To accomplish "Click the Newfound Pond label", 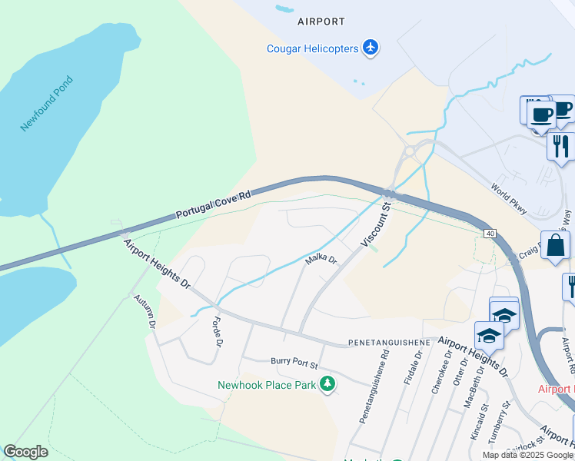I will (47, 104).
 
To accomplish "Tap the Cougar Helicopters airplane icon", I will (371, 48).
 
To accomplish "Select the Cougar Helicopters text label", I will (312, 48).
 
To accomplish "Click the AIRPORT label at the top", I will (321, 22).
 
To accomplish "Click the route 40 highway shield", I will (489, 232).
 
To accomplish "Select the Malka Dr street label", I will (321, 260).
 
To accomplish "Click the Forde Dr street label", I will (217, 331).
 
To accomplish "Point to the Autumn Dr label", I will (144, 311).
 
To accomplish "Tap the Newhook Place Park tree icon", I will (327, 383).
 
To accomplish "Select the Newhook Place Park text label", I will (267, 385).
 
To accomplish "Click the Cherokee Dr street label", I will (439, 373).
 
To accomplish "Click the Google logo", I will (25, 452).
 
